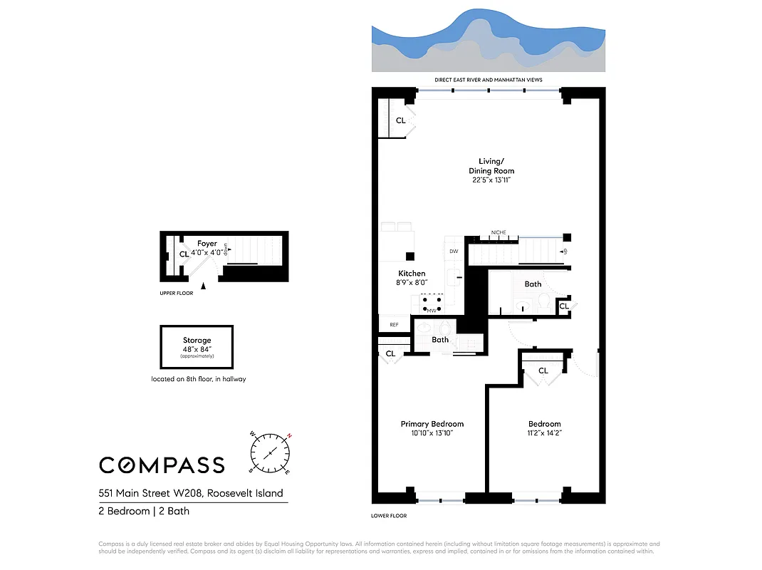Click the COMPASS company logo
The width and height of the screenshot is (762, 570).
click(162, 465)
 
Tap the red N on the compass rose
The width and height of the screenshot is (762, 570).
click(289, 436)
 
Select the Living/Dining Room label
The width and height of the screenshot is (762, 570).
click(491, 167)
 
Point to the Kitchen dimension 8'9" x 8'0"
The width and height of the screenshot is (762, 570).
click(412, 283)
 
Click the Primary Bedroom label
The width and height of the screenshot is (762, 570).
click(432, 424)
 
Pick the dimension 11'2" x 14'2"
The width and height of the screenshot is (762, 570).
click(544, 432)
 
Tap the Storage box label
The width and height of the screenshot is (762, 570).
click(197, 341)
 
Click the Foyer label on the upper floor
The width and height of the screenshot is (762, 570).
click(207, 244)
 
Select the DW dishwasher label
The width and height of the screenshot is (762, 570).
click(454, 252)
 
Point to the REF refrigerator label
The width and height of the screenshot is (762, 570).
click(394, 325)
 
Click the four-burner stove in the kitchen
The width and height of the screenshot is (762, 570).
click(432, 305)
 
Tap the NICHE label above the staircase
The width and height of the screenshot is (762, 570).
click(498, 232)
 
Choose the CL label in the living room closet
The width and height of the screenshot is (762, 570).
click(400, 120)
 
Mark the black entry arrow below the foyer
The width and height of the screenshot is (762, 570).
click(204, 286)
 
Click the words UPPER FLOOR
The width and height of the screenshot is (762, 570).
click(176, 293)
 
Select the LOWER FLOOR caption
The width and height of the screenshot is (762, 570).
click(389, 515)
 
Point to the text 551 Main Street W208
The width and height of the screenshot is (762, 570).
click(190, 493)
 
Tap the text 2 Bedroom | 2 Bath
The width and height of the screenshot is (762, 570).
click(144, 511)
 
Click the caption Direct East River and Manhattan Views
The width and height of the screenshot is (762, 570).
click(489, 80)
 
